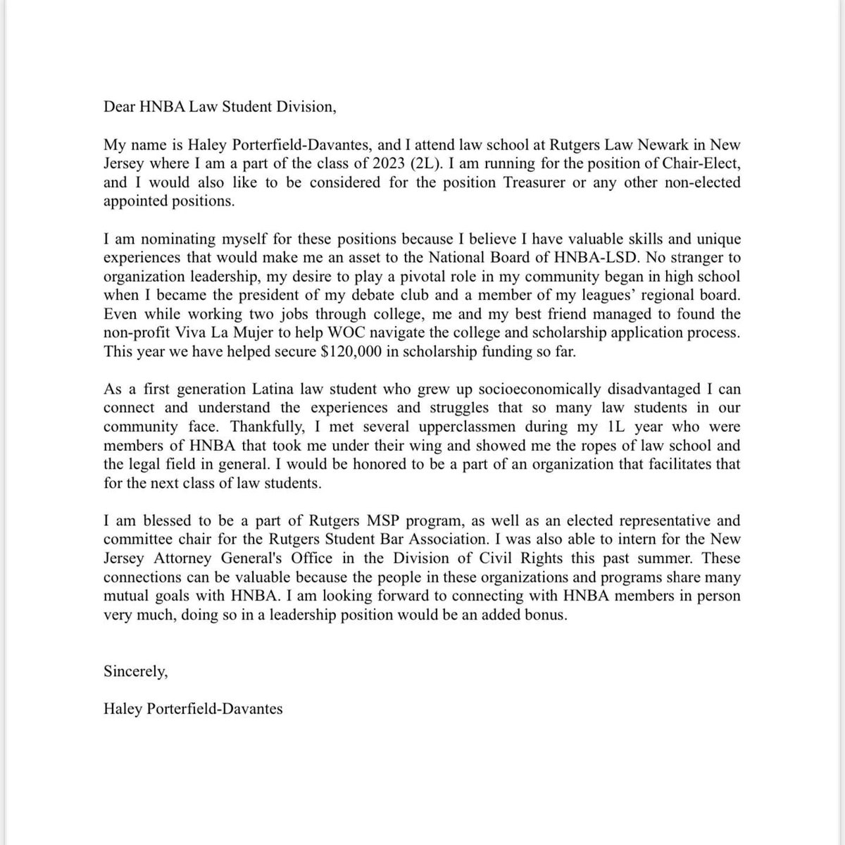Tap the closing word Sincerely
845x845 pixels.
(135, 671)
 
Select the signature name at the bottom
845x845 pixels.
(193, 708)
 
